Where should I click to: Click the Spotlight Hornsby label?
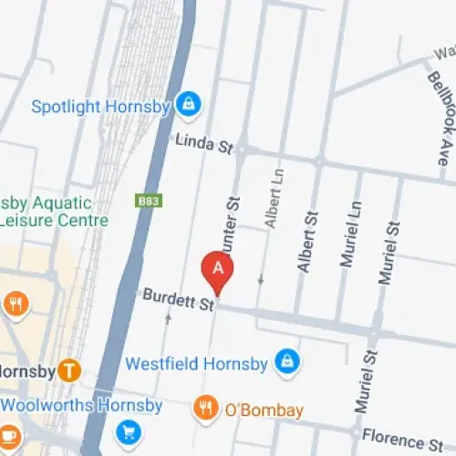(101, 107)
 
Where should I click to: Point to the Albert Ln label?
(271, 196)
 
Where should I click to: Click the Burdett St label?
(177, 300)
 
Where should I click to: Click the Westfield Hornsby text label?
(196, 364)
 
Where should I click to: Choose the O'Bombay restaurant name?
(263, 410)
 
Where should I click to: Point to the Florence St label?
(402, 438)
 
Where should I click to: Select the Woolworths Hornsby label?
(81, 405)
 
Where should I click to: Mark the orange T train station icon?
(67, 370)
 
